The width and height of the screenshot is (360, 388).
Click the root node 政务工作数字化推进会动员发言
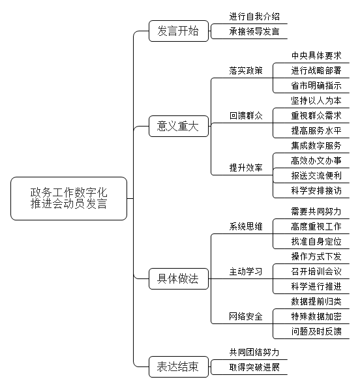pyautogui.click(x=68, y=198)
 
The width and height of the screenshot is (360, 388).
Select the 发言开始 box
pyautogui.click(x=179, y=31)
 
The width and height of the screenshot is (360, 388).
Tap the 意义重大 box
pyautogui.click(x=179, y=126)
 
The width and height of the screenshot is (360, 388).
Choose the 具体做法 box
pyautogui.click(x=179, y=278)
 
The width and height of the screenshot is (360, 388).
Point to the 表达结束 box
pyautogui.click(x=179, y=366)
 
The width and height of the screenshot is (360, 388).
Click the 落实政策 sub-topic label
pyautogui.click(x=246, y=71)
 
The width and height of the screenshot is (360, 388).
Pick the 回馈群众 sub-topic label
pyautogui.click(x=246, y=115)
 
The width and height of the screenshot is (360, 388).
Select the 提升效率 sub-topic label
pyautogui.click(x=246, y=168)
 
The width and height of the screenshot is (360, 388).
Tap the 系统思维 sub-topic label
pyautogui.click(x=246, y=226)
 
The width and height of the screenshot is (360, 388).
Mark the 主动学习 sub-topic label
pyautogui.click(x=246, y=271)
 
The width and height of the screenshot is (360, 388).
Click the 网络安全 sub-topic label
pyautogui.click(x=246, y=316)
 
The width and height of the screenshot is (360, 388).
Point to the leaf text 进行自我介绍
pyautogui.click(x=254, y=16)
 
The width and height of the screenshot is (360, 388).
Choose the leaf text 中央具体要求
pyautogui.click(x=316, y=55)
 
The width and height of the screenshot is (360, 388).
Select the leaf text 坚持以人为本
pyautogui.click(x=316, y=100)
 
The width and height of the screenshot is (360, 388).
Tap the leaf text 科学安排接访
pyautogui.click(x=316, y=190)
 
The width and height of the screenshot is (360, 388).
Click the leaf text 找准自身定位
pyautogui.click(x=316, y=241)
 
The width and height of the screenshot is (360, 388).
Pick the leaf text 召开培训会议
pyautogui.click(x=316, y=271)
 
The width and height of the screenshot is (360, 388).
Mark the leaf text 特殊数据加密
pyautogui.click(x=316, y=316)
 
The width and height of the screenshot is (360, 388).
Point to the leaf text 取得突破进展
pyautogui.click(x=254, y=368)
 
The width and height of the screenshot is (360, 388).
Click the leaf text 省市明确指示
pyautogui.click(x=316, y=85)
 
